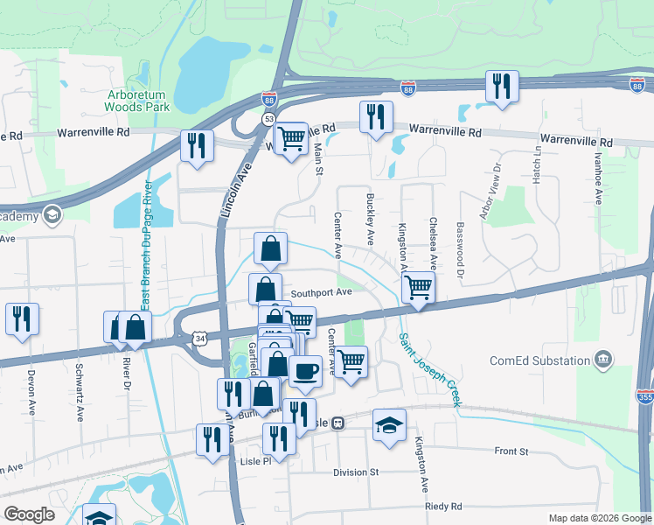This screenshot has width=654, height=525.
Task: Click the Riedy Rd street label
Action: click(444, 507)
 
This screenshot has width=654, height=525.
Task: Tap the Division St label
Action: click(355, 472)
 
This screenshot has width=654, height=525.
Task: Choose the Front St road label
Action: click(511, 451)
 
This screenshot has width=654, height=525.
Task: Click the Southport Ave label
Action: click(321, 293)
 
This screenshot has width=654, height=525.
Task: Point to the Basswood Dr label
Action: click(460, 248)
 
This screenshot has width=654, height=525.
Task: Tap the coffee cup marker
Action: click(305, 370)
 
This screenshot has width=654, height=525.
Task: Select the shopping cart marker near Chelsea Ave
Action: click(419, 287)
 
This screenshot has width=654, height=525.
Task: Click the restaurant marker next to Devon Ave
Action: click(20, 318)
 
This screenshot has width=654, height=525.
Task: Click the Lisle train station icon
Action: click(337, 423)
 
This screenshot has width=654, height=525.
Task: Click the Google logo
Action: click(30, 514)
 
